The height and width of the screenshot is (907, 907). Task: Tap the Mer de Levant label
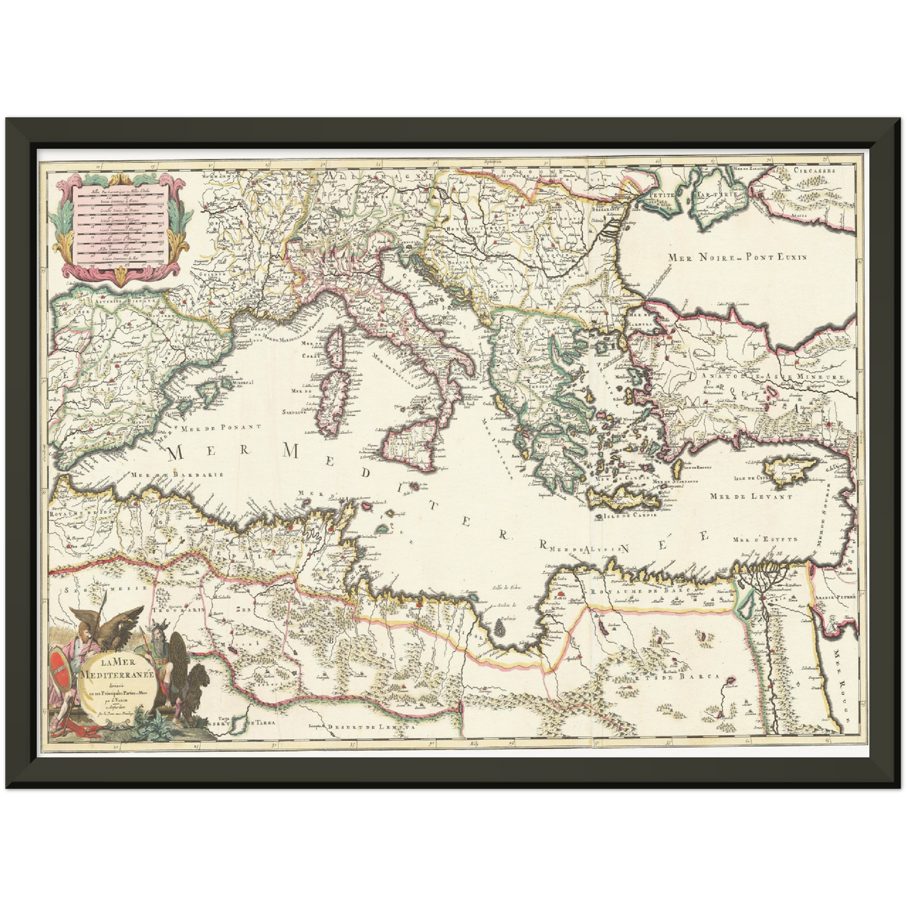750,496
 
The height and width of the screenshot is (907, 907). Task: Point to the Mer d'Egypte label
765,539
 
